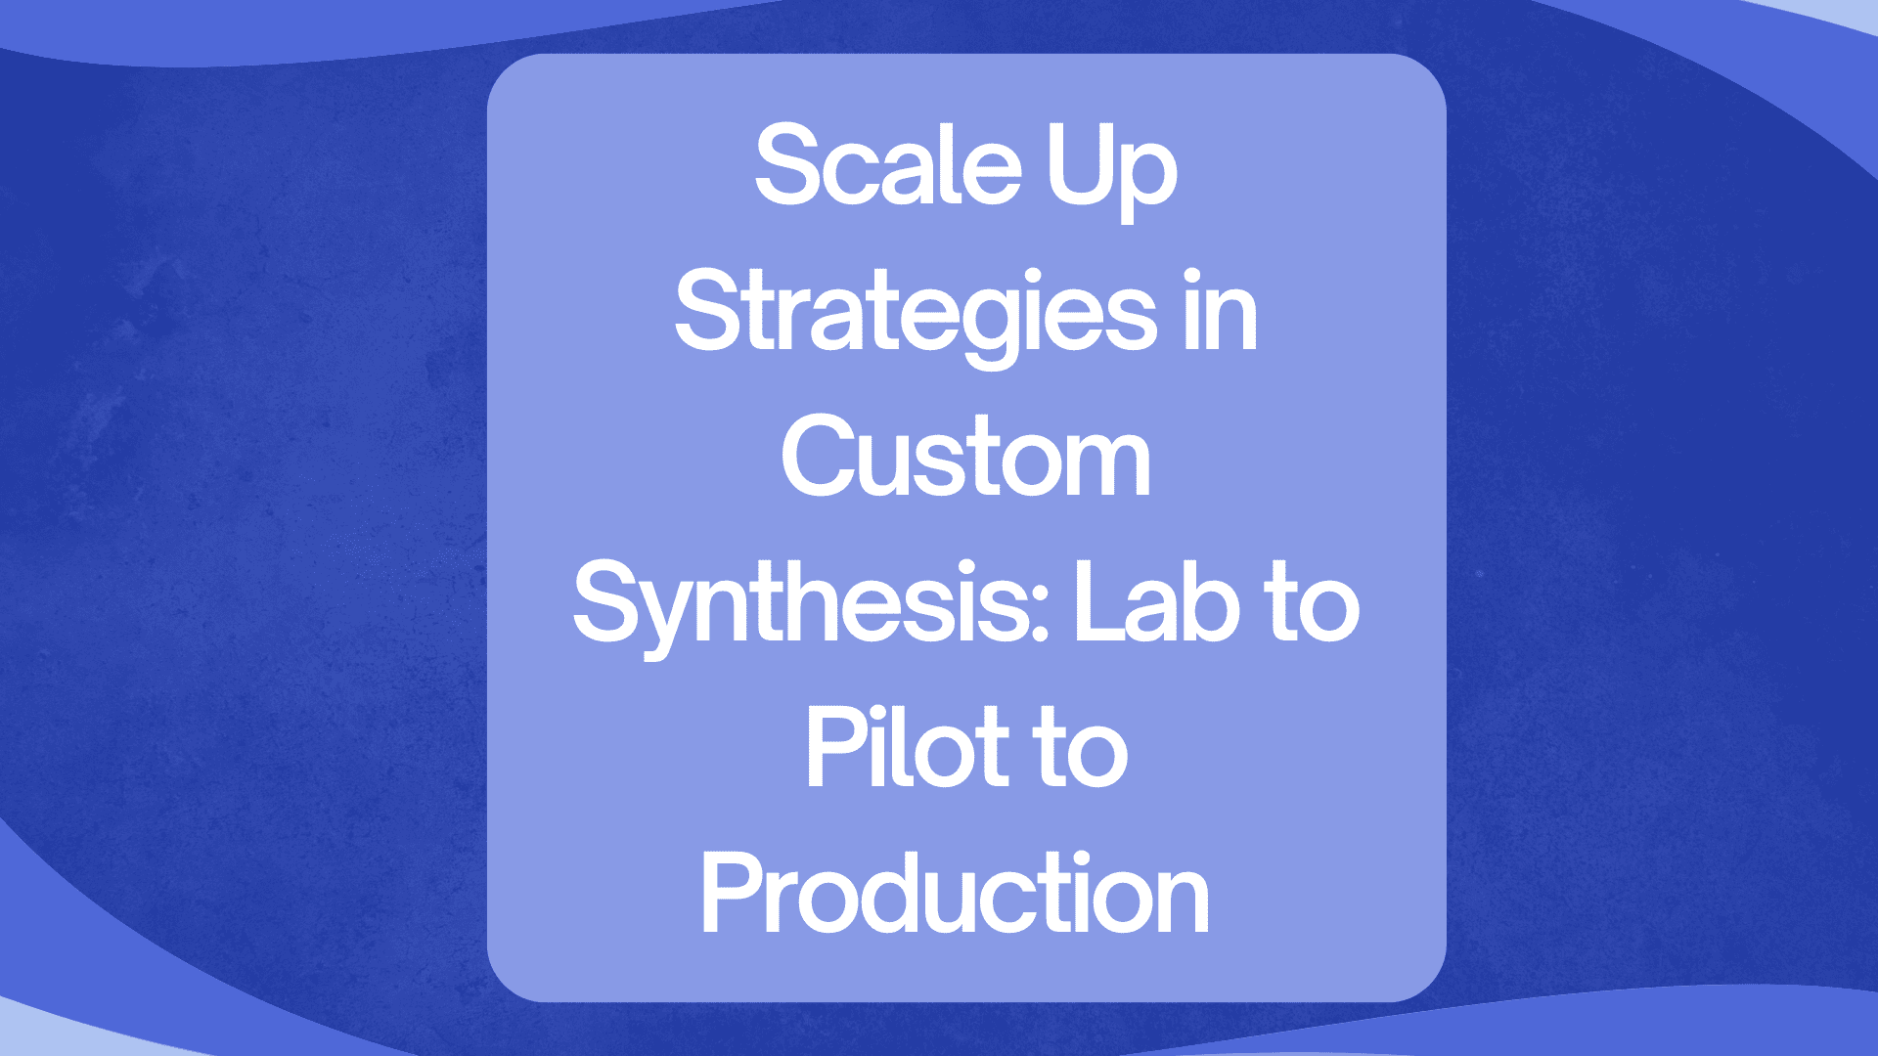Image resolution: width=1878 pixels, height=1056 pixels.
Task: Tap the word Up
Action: coord(1112,174)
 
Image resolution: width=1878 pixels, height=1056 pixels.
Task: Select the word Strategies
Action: coord(916,315)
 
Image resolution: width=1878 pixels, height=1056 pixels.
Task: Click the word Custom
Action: coord(965,456)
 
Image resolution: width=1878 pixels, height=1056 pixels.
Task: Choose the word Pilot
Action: coord(894,746)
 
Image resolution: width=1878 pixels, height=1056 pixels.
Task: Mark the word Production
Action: coord(956,892)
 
